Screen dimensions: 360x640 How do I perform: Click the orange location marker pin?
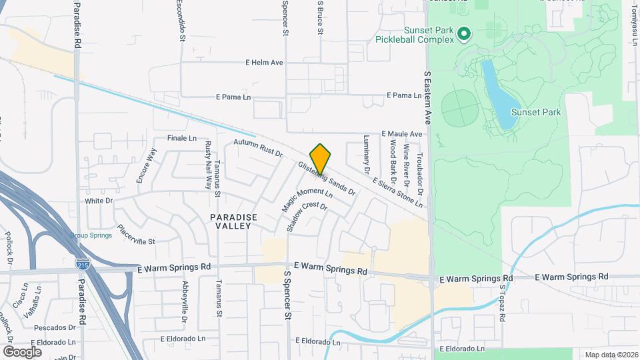(321, 158)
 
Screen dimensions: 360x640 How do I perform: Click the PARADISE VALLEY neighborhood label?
(231, 222)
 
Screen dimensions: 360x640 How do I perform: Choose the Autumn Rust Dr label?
(258, 148)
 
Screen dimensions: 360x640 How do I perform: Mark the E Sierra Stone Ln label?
(397, 193)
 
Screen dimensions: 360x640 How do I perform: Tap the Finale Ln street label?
(182, 139)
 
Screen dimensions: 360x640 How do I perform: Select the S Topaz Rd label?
(503, 303)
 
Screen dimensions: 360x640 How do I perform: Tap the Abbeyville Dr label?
(185, 301)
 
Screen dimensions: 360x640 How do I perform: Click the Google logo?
(22, 351)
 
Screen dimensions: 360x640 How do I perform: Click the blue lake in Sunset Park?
(497, 93)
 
